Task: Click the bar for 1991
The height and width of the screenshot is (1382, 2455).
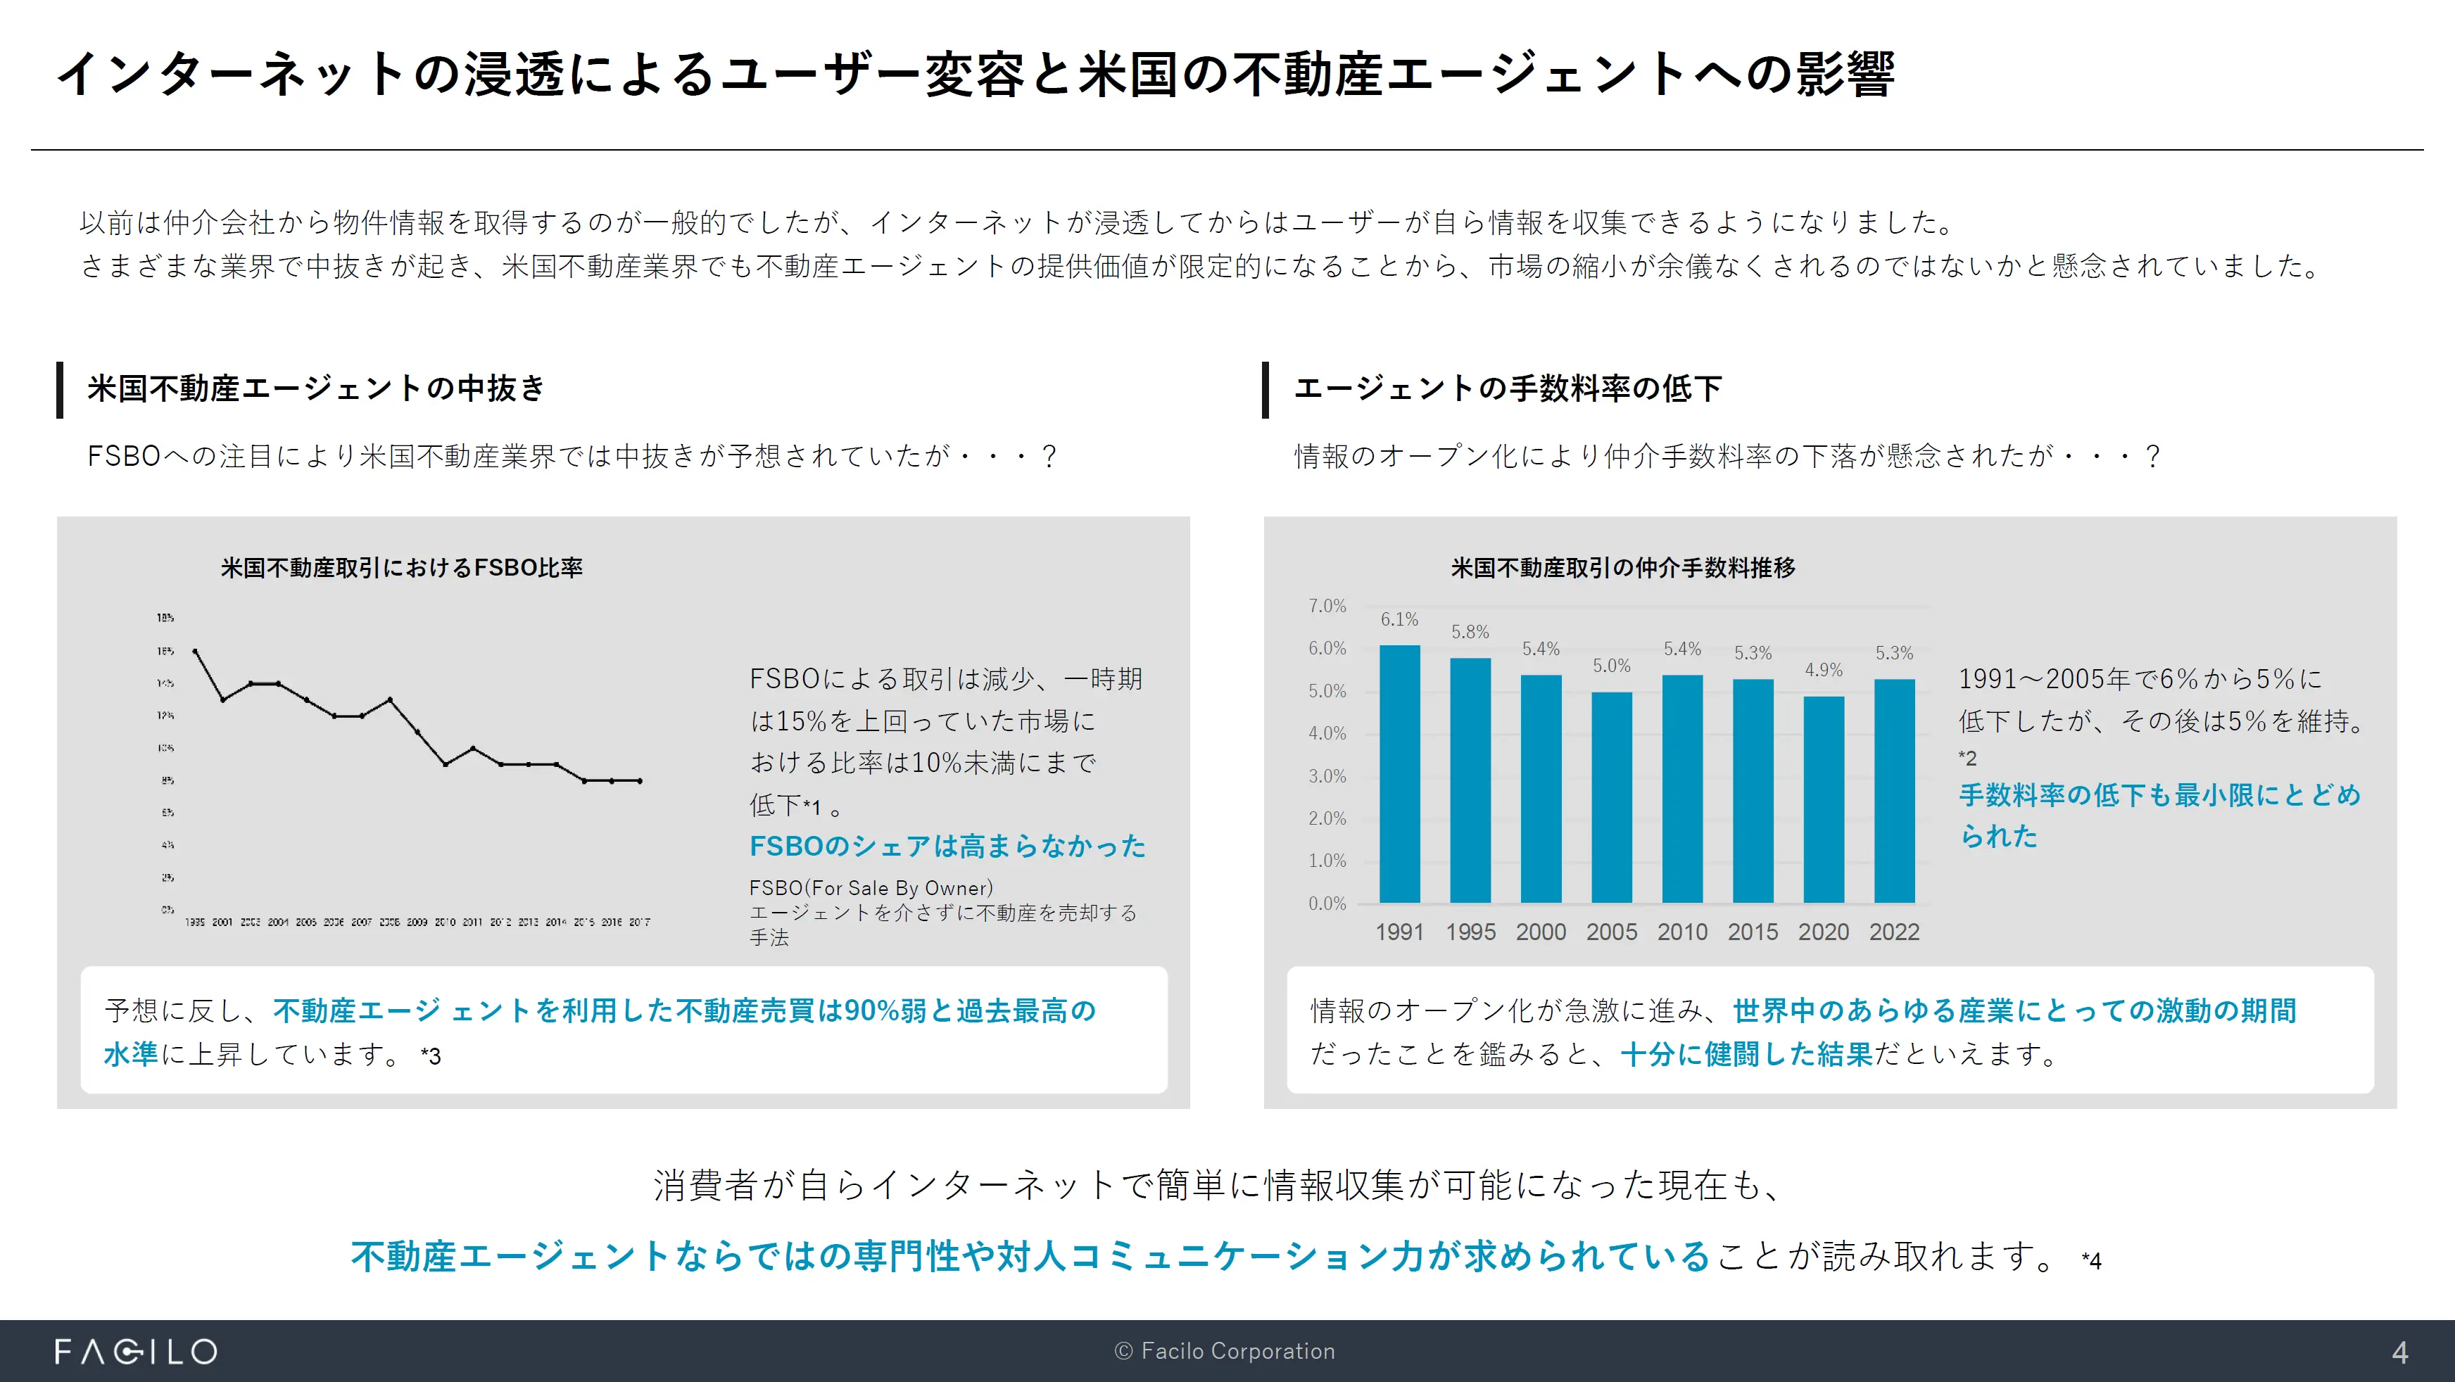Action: (x=1399, y=774)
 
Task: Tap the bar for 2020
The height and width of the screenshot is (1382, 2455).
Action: (x=1823, y=799)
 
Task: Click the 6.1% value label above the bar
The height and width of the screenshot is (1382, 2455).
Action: (x=1399, y=619)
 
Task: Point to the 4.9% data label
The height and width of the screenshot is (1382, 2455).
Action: (x=1823, y=670)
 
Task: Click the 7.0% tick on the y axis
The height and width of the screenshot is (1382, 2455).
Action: (x=1327, y=606)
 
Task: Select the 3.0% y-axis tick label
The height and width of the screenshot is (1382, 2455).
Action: (x=1327, y=776)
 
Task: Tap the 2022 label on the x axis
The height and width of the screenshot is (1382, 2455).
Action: (x=1893, y=932)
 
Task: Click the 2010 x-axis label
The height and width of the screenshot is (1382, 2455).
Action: (x=1682, y=932)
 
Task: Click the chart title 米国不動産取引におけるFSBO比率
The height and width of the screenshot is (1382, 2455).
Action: (x=401, y=568)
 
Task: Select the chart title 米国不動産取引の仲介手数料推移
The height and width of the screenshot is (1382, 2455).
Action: (x=1623, y=568)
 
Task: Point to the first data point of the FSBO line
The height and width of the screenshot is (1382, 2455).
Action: (x=196, y=652)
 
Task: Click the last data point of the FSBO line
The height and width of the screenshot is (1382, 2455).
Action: (x=640, y=780)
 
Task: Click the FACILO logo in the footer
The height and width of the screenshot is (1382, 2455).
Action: (x=137, y=1352)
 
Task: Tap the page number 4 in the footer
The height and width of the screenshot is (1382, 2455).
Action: (x=2399, y=1352)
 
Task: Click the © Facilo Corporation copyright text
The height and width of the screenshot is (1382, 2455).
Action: (x=1225, y=1352)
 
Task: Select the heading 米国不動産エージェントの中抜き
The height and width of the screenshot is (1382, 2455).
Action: (x=315, y=389)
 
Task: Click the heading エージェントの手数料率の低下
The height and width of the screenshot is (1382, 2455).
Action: (x=1508, y=389)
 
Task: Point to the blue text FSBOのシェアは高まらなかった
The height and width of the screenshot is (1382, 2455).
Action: (x=947, y=847)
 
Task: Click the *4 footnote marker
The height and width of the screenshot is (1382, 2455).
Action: (x=2091, y=1261)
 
